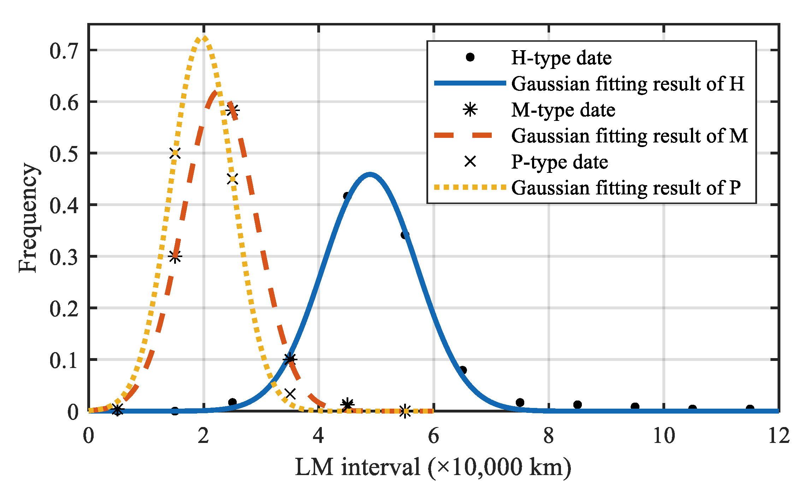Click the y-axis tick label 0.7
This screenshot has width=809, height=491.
tap(63, 51)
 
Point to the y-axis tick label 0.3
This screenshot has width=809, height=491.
tap(63, 257)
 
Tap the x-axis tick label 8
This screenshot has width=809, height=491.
tap(548, 436)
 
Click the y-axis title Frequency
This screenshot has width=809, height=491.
tap(28, 217)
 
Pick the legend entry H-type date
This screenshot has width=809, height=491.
tap(561, 58)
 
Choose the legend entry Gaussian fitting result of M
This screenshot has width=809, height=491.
tap(629, 136)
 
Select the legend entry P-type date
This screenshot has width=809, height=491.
tap(559, 162)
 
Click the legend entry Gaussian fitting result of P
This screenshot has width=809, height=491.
tap(625, 188)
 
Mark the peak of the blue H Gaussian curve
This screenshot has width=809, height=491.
tap(370, 174)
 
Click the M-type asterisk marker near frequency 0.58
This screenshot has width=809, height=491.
tap(233, 110)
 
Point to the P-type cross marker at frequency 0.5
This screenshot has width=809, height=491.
tap(175, 153)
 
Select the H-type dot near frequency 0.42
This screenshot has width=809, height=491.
tap(347, 196)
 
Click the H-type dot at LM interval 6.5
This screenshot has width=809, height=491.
tap(462, 370)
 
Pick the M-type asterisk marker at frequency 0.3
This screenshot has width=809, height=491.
tap(175, 257)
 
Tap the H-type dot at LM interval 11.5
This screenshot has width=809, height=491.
tap(750, 409)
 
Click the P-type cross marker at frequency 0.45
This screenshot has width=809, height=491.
tap(232, 179)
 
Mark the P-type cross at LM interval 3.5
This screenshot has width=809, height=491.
tap(290, 393)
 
